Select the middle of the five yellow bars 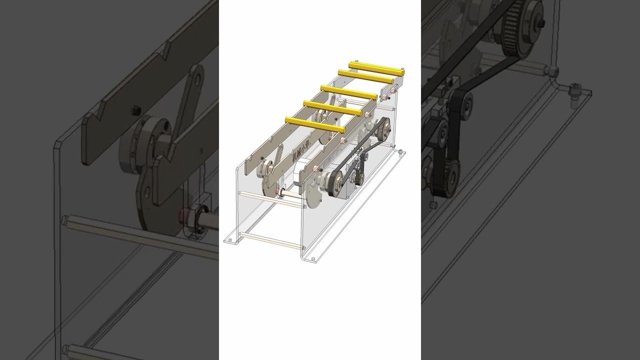(349, 92)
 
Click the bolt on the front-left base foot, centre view (229, 240)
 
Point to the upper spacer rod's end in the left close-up (64, 220)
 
